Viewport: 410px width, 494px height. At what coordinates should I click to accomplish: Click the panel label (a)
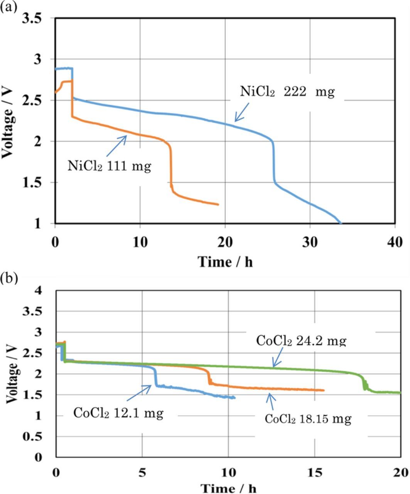(8, 7)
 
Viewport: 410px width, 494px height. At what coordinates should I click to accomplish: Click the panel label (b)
(8, 278)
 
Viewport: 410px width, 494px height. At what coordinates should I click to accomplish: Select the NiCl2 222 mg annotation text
(287, 92)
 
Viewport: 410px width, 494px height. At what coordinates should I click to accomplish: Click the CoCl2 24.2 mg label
(301, 341)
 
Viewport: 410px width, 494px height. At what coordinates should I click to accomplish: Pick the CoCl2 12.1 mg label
(118, 414)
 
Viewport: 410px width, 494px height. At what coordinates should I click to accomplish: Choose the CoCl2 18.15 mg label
(308, 419)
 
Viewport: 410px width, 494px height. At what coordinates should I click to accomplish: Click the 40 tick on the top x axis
(395, 242)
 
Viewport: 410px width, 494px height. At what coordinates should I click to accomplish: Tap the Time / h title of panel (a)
(225, 262)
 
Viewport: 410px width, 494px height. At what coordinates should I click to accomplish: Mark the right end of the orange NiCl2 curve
(218, 205)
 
